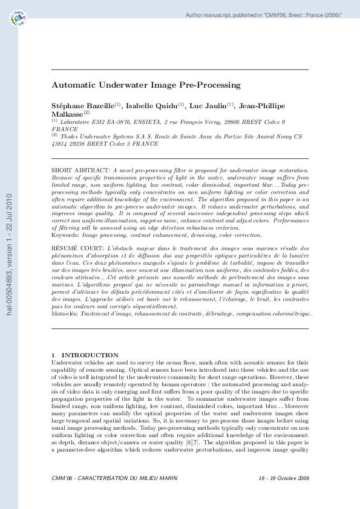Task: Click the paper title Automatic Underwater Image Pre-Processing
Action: click(x=146, y=85)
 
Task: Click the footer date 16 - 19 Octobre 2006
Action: click(x=283, y=495)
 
